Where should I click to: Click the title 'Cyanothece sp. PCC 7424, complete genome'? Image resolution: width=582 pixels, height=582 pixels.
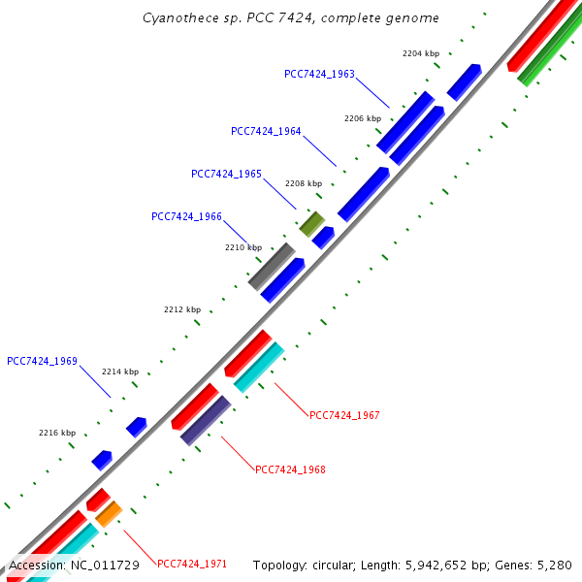pos(291,18)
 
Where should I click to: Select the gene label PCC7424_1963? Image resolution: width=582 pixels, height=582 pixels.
pos(319,74)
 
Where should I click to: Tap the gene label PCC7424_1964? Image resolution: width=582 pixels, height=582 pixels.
pos(266,131)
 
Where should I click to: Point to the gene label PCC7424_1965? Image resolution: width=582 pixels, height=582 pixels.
pos(226,174)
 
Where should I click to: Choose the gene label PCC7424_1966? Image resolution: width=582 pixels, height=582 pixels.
pos(186,216)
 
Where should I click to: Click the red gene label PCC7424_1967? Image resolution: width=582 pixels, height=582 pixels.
pos(344,415)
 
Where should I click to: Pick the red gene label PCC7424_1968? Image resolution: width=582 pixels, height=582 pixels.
pos(290,469)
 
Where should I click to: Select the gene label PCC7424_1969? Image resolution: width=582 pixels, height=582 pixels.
pos(42,361)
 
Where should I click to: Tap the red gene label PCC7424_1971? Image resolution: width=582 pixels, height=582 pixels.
pos(192,564)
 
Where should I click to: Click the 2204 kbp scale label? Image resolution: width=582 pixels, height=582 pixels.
pos(421,54)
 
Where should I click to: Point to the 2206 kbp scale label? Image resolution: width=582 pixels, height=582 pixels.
pos(363,118)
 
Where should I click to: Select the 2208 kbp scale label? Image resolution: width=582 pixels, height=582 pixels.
pos(304,183)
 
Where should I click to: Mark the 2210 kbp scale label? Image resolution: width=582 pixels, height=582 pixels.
pos(243,247)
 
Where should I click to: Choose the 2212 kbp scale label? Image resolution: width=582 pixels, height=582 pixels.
pos(182,309)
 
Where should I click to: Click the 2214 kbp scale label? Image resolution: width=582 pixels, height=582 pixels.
pos(120,372)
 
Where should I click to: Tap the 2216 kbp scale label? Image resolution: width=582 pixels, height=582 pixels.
pos(57,433)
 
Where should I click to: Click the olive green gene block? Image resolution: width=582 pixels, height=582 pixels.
pos(311,224)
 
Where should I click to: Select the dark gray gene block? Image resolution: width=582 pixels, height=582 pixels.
pos(272,266)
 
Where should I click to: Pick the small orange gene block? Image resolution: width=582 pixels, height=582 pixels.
pos(108,513)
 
